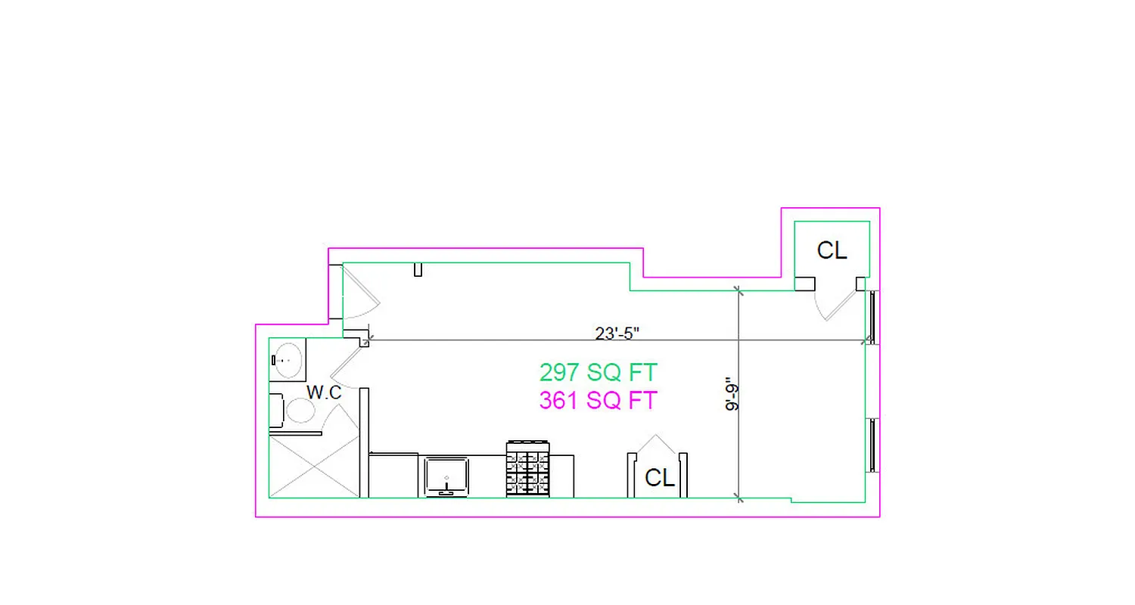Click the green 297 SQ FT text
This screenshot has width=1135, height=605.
pos(598,373)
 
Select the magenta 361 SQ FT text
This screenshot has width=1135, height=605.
pos(598,400)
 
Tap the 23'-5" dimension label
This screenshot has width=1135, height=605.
pos(617,332)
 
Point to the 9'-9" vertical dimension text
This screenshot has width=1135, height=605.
pos(732,394)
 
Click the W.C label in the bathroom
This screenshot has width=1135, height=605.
pos(324,392)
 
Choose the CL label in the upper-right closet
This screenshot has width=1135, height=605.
pos(832,250)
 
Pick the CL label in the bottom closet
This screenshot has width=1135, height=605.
pos(659,478)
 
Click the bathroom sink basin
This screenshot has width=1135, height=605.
pos(288,360)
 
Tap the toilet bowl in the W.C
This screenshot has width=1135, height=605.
pos(300,411)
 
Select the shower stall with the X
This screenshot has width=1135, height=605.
pos(314,467)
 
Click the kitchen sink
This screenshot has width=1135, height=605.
pos(446,476)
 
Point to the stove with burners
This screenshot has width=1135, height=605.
pos(528,469)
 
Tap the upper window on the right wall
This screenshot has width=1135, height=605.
pos(872,318)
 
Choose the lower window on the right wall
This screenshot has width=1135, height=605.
pos(872,445)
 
